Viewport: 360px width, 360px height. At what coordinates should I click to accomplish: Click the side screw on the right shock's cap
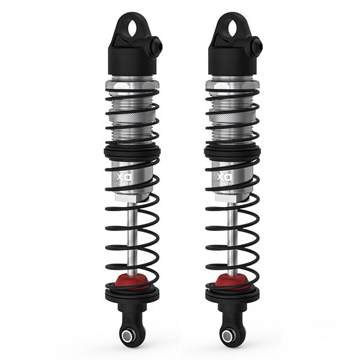[257, 44]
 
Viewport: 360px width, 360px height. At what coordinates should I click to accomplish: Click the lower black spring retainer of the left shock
[132, 295]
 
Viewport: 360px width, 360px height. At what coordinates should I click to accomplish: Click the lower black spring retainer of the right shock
[232, 295]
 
